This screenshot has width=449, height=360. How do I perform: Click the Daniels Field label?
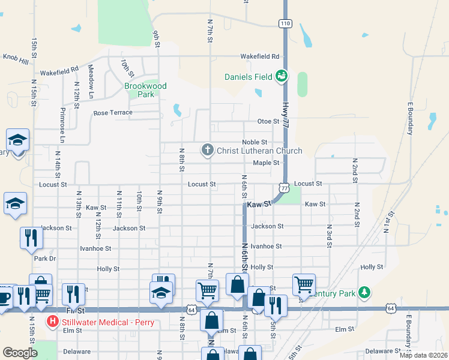click(x=249, y=76)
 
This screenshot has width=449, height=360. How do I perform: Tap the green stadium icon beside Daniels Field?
click(x=282, y=76)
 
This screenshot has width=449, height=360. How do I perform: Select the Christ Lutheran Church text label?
click(x=259, y=151)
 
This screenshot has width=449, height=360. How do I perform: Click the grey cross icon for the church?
click(x=208, y=150)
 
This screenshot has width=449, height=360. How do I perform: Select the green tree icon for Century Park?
click(x=364, y=292)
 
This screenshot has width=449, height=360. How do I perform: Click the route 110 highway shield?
click(x=285, y=23)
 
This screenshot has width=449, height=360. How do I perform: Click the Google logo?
click(x=20, y=352)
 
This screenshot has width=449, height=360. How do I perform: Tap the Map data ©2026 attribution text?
click(x=423, y=355)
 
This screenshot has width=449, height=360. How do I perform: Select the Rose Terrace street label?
click(x=112, y=113)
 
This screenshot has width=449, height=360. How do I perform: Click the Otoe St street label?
click(x=268, y=121)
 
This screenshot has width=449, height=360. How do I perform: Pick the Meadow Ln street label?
click(x=91, y=82)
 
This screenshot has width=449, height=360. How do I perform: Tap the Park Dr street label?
click(x=44, y=259)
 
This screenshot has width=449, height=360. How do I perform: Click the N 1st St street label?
click(x=387, y=223)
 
